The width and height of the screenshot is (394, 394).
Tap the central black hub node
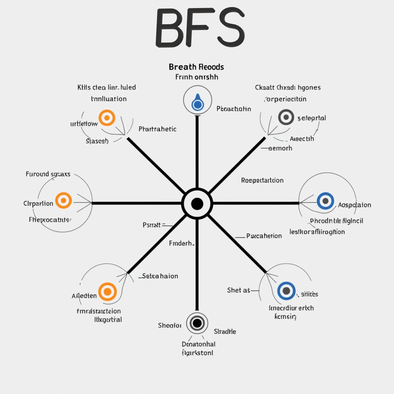197,204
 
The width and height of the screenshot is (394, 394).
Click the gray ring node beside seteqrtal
286,117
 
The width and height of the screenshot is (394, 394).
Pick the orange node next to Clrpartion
63,200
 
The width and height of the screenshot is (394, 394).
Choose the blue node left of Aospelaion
326,200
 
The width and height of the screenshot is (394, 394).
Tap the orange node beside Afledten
107,292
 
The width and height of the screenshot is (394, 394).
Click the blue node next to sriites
286,290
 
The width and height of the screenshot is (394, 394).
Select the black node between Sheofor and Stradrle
197,322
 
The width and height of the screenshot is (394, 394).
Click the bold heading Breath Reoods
196,67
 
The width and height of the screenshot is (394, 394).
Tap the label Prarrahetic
157,129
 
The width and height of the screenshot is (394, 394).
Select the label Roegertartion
262,180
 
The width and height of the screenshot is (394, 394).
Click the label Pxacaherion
264,236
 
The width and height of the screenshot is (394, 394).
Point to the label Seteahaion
160,276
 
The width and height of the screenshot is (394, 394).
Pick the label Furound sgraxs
48,174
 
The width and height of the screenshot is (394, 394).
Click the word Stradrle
225,331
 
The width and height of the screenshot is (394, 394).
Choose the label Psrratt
152,225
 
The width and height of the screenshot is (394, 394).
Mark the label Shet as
239,290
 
